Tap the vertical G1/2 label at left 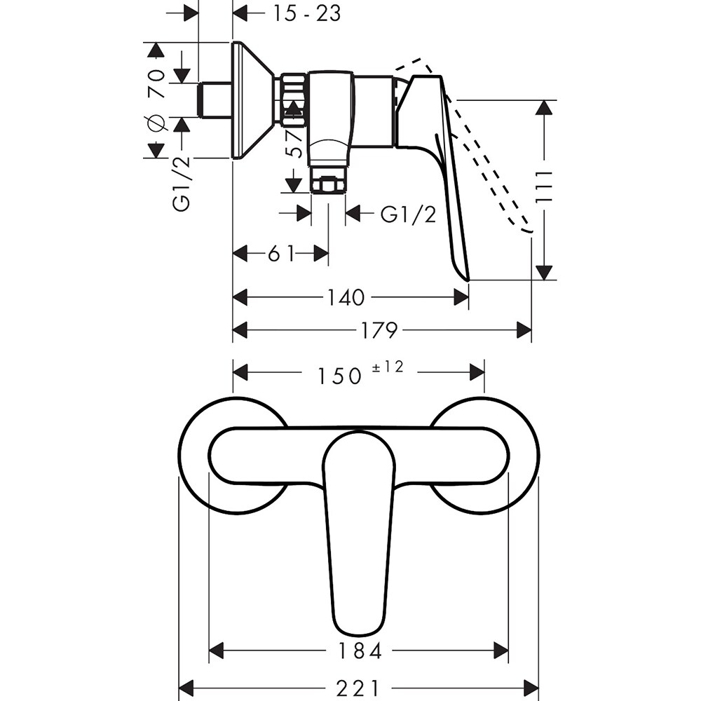[x=182, y=184]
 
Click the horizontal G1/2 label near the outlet [x=408, y=214]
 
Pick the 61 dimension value [x=282, y=253]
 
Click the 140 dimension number [x=346, y=298]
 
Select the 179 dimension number [x=379, y=329]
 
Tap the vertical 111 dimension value [x=545, y=189]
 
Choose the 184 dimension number [x=360, y=651]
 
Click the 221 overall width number [x=360, y=688]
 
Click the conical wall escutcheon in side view [x=252, y=100]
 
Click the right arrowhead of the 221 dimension [x=532, y=688]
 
